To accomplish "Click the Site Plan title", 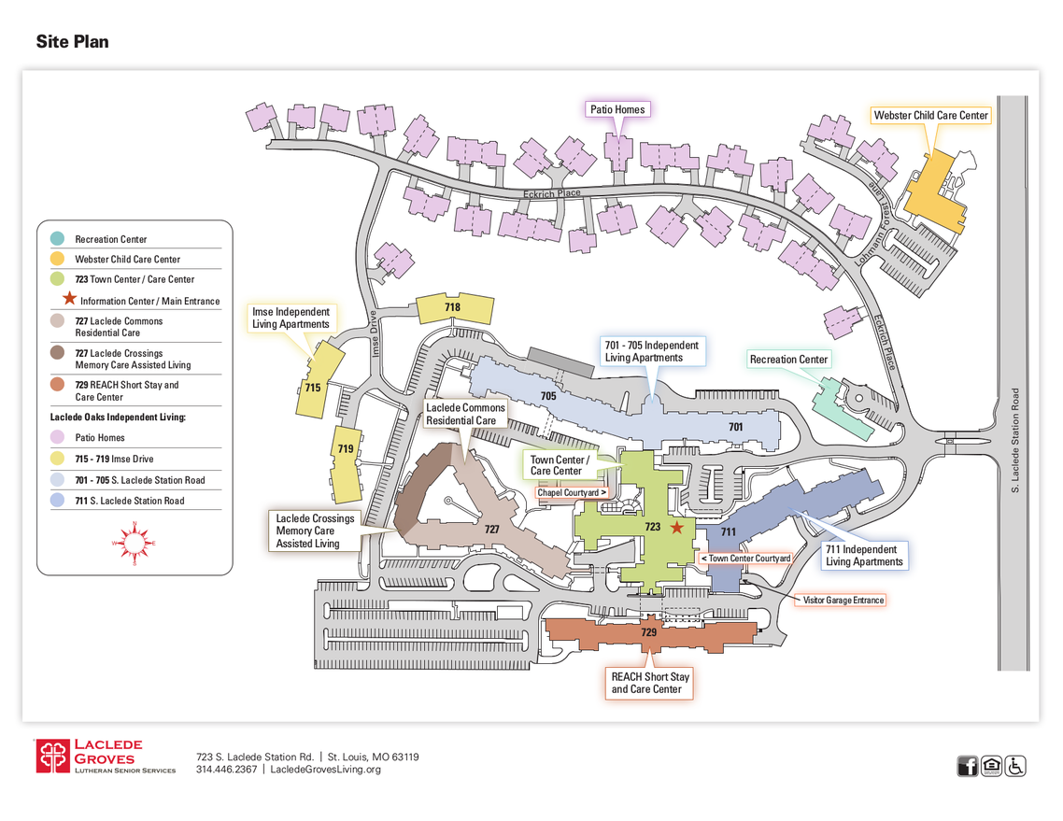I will click(x=73, y=42).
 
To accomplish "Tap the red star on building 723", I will click(x=677, y=528).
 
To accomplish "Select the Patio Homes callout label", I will click(x=617, y=109).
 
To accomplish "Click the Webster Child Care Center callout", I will click(x=930, y=116).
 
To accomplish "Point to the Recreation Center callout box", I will click(x=788, y=360).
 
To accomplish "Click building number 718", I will click(x=453, y=307).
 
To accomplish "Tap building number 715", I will click(x=313, y=387).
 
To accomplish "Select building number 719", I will click(x=346, y=449).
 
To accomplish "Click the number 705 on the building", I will click(x=548, y=396).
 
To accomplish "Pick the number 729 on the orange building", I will click(x=649, y=632).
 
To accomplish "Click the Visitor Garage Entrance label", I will click(x=842, y=600).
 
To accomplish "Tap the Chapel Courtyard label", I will click(x=572, y=492).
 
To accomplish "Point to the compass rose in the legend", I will click(x=134, y=543).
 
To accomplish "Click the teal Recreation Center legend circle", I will click(x=58, y=239).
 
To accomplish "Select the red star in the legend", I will click(x=69, y=300).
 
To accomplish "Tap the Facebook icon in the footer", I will click(x=968, y=766).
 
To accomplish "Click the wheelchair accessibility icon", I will click(x=1015, y=766).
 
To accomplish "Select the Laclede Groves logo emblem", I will click(x=53, y=757).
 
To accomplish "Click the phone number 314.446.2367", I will click(x=226, y=770).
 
